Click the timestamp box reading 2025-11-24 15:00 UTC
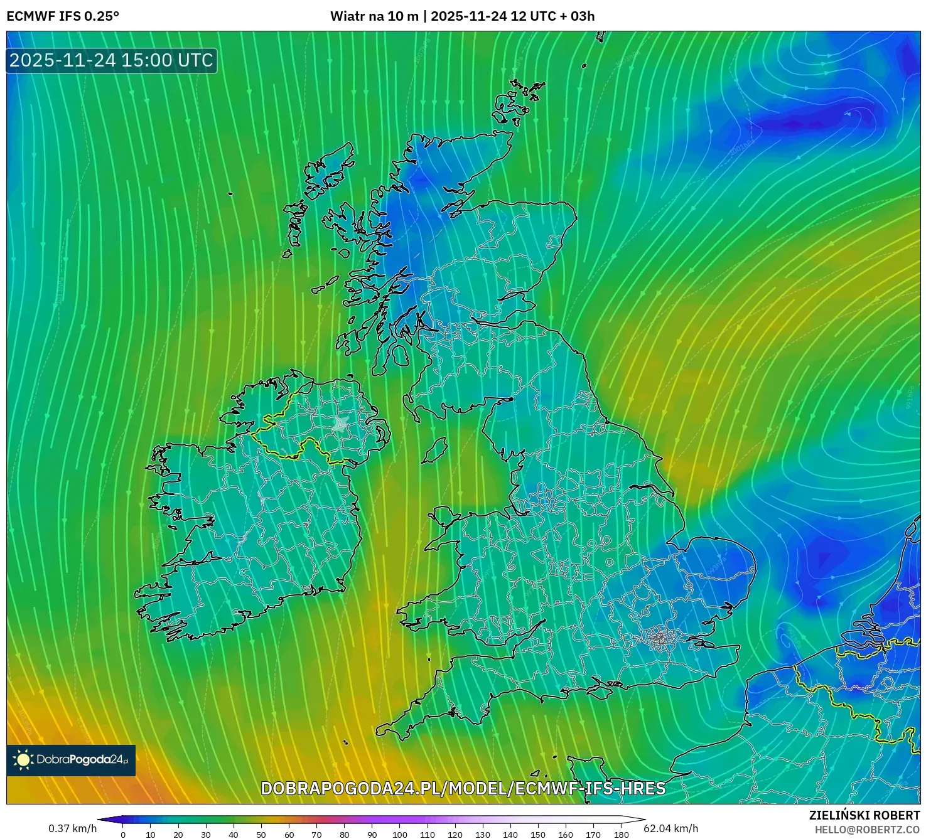click(112, 60)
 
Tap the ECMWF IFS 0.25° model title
click(63, 16)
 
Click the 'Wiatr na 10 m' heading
click(374, 16)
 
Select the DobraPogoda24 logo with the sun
click(71, 760)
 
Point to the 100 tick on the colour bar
click(400, 835)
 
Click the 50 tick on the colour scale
click(261, 835)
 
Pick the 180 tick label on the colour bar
click(622, 835)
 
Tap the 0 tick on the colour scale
click(123, 835)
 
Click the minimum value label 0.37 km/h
click(73, 828)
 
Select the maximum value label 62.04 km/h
click(671, 828)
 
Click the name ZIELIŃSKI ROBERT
click(864, 815)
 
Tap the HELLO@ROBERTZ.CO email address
click(867, 830)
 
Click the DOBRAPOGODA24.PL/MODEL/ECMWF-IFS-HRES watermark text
click(463, 788)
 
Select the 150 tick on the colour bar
click(538, 835)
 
